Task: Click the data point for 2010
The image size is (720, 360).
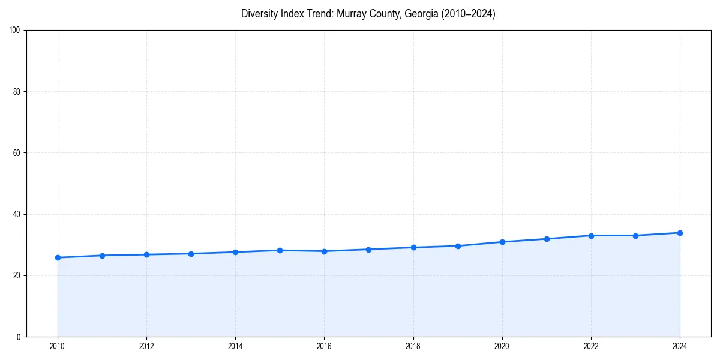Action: tap(58, 257)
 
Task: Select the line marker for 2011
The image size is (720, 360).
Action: tap(102, 256)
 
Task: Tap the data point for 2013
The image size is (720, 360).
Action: tap(191, 254)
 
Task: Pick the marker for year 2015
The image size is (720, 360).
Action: tap(280, 250)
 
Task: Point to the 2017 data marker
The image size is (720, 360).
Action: tap(368, 250)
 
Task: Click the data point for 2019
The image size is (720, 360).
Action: tap(458, 246)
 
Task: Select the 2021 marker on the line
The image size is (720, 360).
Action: tap(547, 239)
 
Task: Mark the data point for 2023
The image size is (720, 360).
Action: tap(635, 235)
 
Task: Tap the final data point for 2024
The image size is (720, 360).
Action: tap(680, 233)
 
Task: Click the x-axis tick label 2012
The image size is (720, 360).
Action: tap(146, 346)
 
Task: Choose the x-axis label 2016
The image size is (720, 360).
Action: tap(324, 346)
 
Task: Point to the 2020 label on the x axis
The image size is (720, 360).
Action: tap(502, 346)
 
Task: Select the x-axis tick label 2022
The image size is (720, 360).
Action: tap(591, 346)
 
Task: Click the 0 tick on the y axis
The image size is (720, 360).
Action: tap(19, 337)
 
